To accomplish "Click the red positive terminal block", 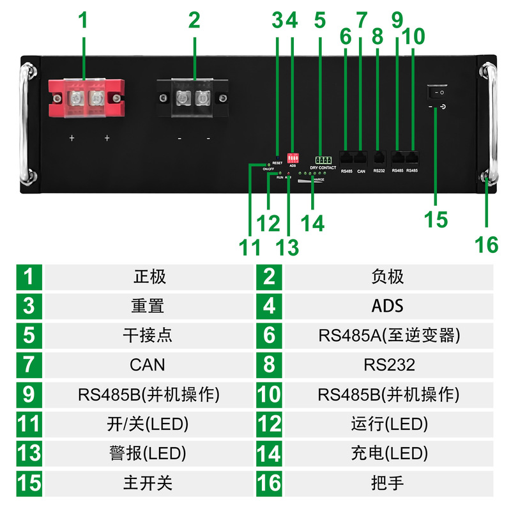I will tap(85, 98).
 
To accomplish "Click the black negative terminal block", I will tap(193, 98).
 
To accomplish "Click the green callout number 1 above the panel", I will tap(83, 20).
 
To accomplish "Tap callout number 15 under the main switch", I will tap(436, 219).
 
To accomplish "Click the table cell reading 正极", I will tap(149, 277).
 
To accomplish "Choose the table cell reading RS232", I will tap(389, 365).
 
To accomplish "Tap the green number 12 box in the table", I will tap(269, 423).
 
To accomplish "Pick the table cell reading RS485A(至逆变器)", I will tap(389, 335).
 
